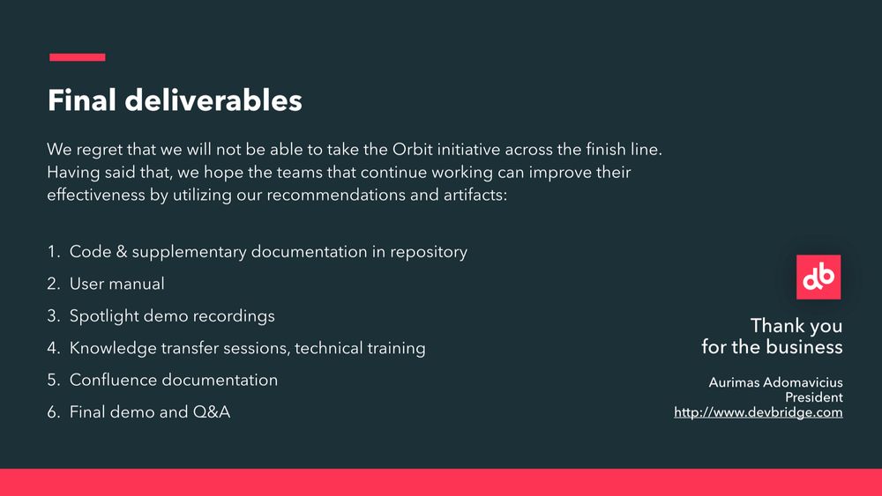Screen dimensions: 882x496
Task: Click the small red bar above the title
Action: click(x=77, y=56)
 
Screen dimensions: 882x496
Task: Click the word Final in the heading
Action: click(x=82, y=100)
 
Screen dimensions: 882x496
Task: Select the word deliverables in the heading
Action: click(x=213, y=100)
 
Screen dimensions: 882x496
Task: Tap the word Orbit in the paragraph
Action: click(x=412, y=150)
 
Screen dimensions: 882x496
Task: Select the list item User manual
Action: click(x=117, y=284)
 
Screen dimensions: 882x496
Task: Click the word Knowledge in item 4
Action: click(x=113, y=348)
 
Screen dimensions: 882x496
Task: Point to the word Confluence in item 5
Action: click(x=110, y=381)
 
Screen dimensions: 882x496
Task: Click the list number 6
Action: click(x=54, y=412)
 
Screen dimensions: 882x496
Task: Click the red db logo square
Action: click(x=818, y=277)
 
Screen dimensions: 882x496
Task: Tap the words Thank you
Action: click(x=796, y=326)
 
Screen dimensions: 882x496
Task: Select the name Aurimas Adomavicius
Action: click(x=775, y=382)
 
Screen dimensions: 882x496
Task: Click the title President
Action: click(x=814, y=397)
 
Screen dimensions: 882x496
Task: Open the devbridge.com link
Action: click(x=759, y=413)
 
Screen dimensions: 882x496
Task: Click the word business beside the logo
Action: click(x=805, y=347)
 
